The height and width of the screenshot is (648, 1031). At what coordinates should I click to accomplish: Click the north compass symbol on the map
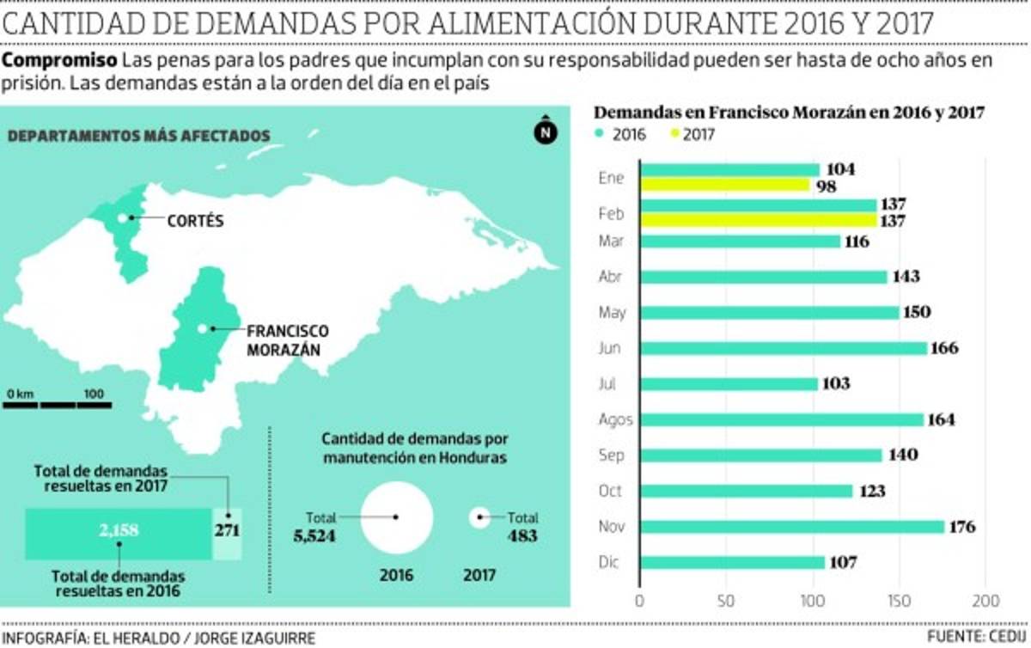pyautogui.click(x=545, y=131)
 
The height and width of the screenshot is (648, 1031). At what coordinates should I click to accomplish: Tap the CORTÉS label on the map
pyautogui.click(x=195, y=221)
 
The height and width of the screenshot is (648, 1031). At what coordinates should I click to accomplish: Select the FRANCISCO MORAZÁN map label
pyautogui.click(x=287, y=340)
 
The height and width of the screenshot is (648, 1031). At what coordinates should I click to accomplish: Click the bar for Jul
pyautogui.click(x=729, y=384)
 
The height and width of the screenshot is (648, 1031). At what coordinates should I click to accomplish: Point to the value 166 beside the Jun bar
pyautogui.click(x=943, y=348)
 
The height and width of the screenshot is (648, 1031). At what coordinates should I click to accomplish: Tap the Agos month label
pyautogui.click(x=615, y=420)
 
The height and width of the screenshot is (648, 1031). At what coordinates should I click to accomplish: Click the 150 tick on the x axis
pyautogui.click(x=899, y=600)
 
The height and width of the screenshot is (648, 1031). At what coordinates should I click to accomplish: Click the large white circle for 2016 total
pyautogui.click(x=396, y=517)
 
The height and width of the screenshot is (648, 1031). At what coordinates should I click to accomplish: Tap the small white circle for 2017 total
pyautogui.click(x=479, y=517)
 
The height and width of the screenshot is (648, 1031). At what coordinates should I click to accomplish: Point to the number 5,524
pyautogui.click(x=314, y=536)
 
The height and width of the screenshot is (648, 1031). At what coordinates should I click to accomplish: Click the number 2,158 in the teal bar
pyautogui.click(x=119, y=530)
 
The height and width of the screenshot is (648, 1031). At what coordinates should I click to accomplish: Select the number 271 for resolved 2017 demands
pyautogui.click(x=227, y=530)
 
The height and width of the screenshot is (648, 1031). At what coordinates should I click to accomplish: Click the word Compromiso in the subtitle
pyautogui.click(x=60, y=61)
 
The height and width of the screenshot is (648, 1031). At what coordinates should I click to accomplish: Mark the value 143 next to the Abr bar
pyautogui.click(x=906, y=277)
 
